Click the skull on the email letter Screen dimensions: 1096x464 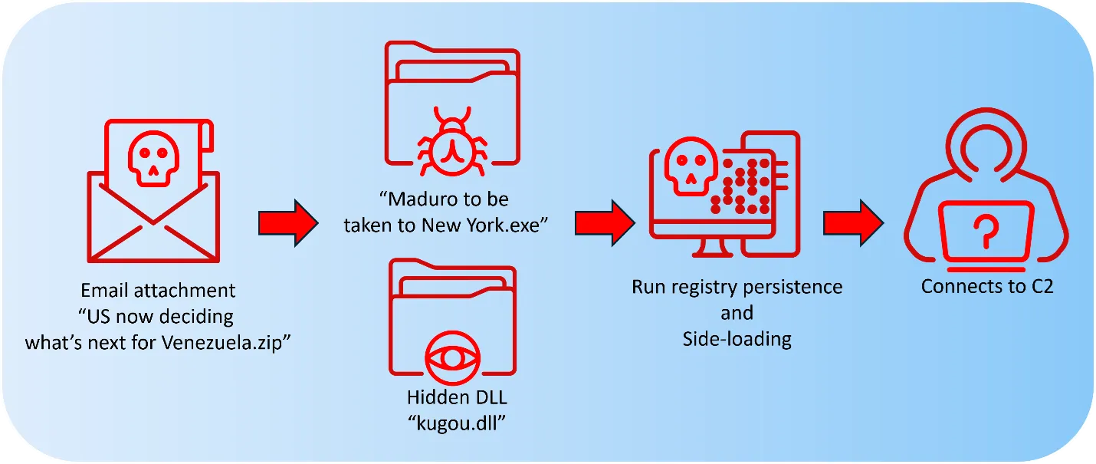coord(153,159)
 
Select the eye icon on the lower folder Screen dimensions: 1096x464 coord(453,358)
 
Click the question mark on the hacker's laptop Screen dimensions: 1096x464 coord(986,231)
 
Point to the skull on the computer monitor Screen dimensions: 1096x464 coord(691,166)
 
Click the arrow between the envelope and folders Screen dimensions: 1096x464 coord(289,222)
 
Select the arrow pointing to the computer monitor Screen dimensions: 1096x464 coord(605,222)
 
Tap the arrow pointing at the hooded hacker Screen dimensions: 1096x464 coord(853,222)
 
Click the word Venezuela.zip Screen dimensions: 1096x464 coord(225,343)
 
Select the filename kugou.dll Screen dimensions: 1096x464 coord(457,423)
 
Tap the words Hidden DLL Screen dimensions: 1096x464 coord(457,397)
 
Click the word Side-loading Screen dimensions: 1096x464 coord(737,339)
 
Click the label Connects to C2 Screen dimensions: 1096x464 coord(987,286)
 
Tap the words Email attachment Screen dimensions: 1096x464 coord(158,290)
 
